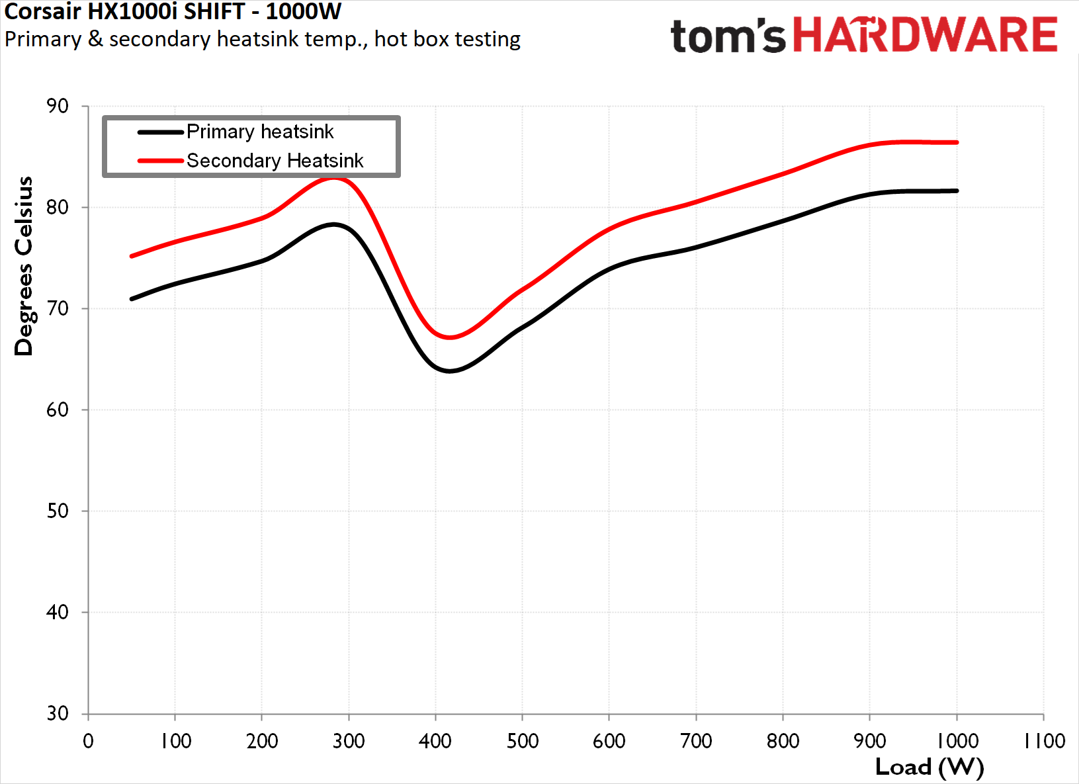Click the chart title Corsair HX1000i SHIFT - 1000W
click(173, 11)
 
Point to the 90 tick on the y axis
click(58, 106)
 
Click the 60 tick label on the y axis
click(58, 410)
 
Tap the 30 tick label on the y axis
click(58, 713)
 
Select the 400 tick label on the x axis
click(435, 741)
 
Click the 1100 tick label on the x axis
click(1044, 741)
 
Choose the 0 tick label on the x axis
click(88, 741)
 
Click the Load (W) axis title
click(929, 767)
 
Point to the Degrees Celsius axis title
click(24, 266)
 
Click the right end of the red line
click(957, 142)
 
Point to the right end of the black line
click(957, 191)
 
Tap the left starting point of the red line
click(132, 256)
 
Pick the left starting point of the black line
click(132, 299)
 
